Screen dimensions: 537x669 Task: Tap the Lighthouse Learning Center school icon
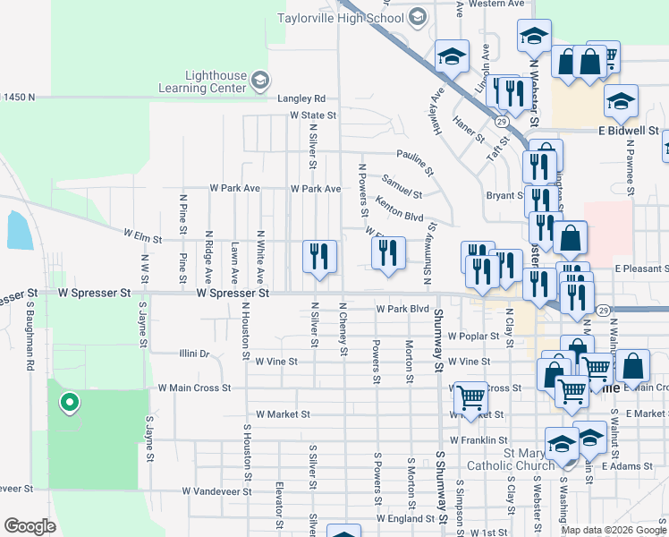tap(259, 81)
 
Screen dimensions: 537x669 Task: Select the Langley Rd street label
tap(301, 98)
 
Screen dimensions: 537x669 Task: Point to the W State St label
tap(312, 115)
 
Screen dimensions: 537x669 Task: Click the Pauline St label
tap(415, 161)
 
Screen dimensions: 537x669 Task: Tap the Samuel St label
tap(401, 186)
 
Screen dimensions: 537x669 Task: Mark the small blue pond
tap(19, 231)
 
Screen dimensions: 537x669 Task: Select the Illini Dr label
tap(193, 354)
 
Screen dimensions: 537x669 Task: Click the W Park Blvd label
tap(397, 309)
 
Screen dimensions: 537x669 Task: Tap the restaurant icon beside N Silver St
tap(319, 257)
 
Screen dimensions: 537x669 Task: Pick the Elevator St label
tap(280, 506)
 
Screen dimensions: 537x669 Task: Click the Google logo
tap(30, 525)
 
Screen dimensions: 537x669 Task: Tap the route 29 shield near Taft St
tap(502, 122)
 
